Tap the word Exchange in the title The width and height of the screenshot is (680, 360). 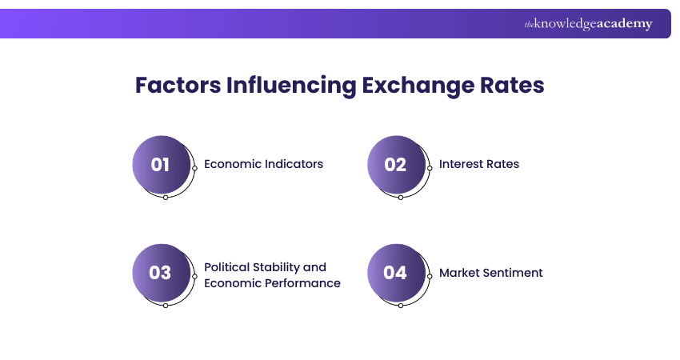coord(419,86)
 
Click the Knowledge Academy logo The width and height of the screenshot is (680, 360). coord(588,24)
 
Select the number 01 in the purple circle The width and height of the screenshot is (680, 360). coord(161,165)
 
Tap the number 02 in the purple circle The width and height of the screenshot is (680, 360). coord(395,165)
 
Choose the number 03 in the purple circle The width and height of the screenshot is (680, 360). coord(161,273)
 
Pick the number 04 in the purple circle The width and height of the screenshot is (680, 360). coord(395,273)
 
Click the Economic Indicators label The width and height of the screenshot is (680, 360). coord(263,164)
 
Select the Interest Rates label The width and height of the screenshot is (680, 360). coord(478,164)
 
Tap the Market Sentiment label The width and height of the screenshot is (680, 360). coord(490,273)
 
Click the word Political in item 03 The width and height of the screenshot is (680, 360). coord(228,266)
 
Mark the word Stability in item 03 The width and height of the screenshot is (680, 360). coord(278,266)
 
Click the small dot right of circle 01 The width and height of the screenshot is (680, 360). coord(194,168)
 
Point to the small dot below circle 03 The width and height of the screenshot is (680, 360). coord(166,305)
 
